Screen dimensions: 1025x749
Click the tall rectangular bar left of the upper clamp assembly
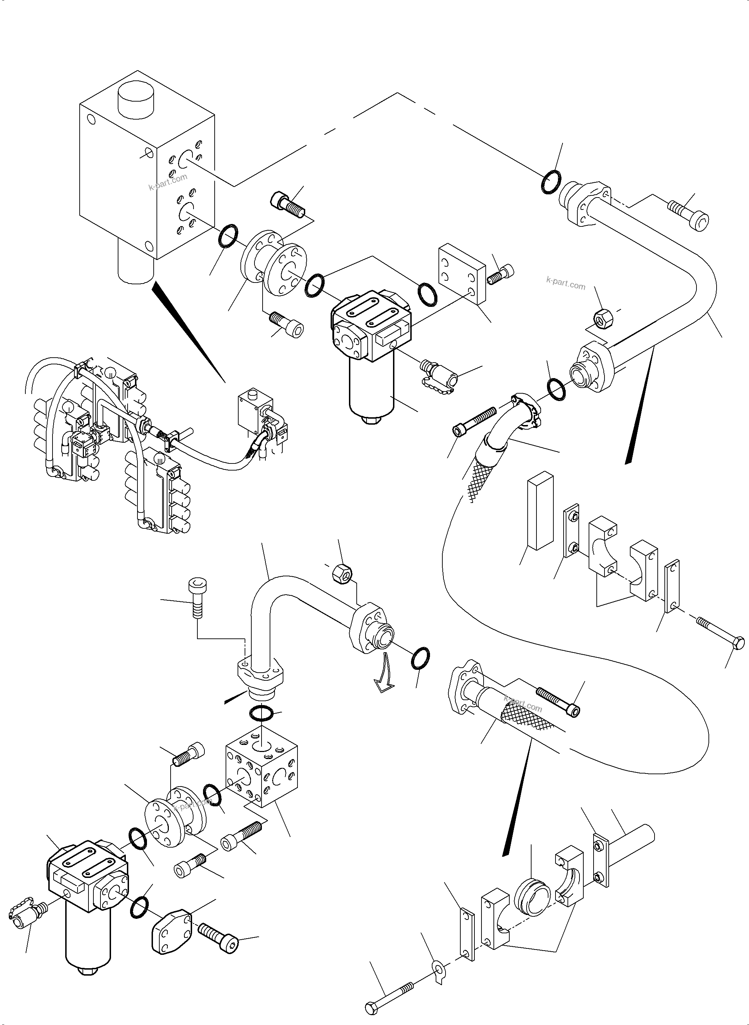(540, 510)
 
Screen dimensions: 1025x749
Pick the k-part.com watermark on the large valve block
(168, 182)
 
